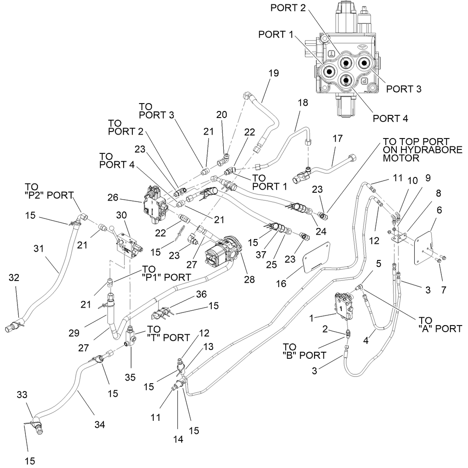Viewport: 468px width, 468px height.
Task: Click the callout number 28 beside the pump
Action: [x=249, y=279]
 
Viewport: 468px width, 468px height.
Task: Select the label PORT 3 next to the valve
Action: [x=403, y=89]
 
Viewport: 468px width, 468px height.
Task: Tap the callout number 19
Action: [x=274, y=73]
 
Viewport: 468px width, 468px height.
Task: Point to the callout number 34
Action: [x=100, y=424]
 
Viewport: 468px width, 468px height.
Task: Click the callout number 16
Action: [x=281, y=284]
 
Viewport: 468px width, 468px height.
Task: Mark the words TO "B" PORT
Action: [x=305, y=351]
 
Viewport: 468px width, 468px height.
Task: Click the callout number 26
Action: [x=113, y=198]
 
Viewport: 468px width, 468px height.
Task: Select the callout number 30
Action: [x=121, y=215]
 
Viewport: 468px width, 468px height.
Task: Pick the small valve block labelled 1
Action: [x=343, y=306]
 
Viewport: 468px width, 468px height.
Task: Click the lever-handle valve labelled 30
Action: [x=128, y=244]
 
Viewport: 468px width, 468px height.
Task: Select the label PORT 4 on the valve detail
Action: [x=390, y=118]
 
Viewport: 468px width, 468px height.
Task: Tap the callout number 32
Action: [x=14, y=277]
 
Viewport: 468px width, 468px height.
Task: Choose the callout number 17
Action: [x=338, y=139]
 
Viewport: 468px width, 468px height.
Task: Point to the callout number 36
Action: [x=201, y=294]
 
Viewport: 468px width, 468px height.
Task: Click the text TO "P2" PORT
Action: [x=49, y=191]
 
